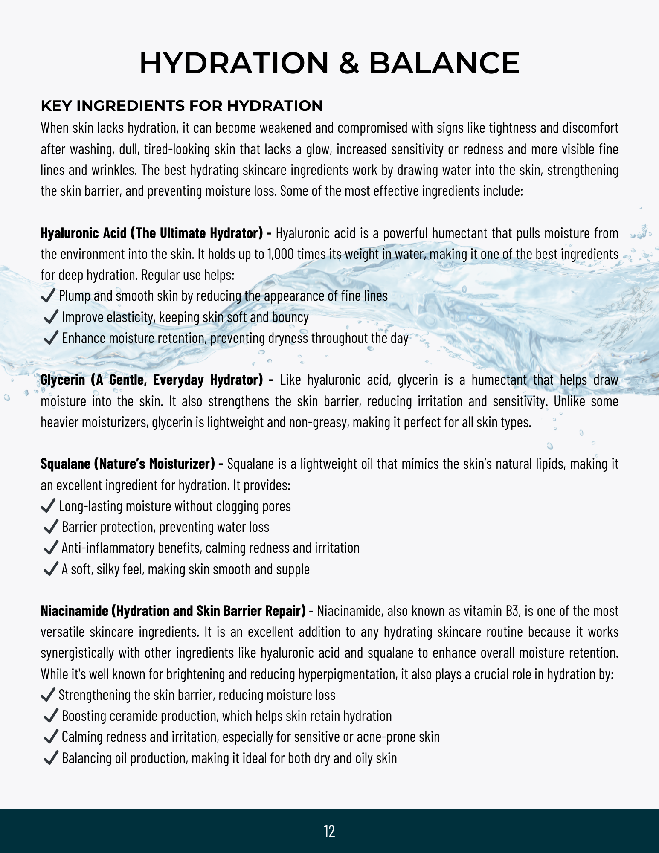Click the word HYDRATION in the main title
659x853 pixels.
click(234, 63)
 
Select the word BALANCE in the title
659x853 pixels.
click(444, 63)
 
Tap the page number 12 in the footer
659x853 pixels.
click(329, 831)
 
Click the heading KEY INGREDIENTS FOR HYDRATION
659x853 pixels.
click(182, 106)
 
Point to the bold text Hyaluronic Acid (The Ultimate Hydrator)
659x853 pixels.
click(152, 233)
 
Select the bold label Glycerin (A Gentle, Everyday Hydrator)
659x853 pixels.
click(152, 380)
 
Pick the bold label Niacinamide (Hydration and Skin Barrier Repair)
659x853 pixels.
click(173, 611)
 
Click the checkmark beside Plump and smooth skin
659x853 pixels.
click(48, 295)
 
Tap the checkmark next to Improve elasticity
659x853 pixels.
click(51, 316)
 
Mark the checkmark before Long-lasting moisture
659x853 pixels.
click(48, 506)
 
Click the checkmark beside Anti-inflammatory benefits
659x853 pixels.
click(51, 548)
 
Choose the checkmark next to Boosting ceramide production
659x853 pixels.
click(51, 716)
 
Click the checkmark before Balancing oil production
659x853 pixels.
click(51, 758)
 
